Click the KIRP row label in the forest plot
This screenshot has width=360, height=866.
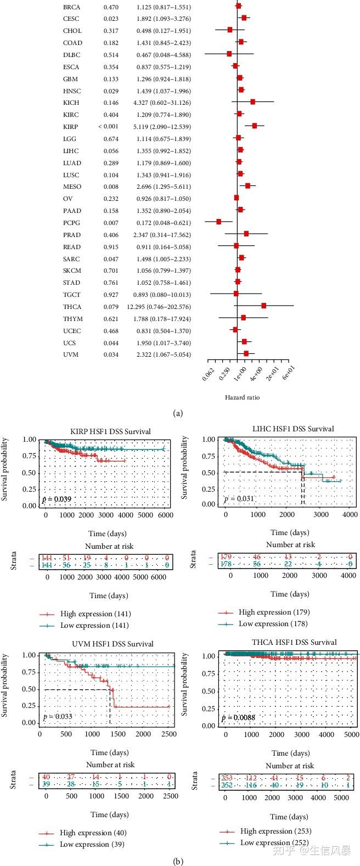point(70,127)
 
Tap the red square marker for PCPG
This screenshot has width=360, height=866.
point(218,222)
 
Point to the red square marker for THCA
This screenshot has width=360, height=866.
point(263,306)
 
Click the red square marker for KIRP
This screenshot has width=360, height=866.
point(255,126)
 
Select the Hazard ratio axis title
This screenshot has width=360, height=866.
point(242,397)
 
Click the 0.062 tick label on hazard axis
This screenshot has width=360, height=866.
point(209,374)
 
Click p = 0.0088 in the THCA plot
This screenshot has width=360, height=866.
point(239,717)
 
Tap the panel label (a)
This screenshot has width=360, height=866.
point(177,414)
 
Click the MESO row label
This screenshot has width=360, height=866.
point(72,187)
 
